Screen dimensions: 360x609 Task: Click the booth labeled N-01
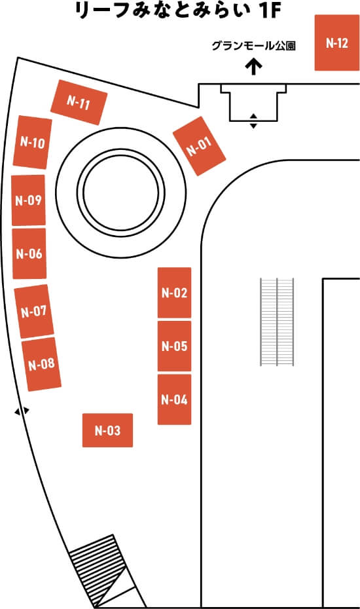(199, 146)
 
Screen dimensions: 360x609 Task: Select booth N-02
(174, 293)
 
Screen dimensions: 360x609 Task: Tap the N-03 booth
(107, 430)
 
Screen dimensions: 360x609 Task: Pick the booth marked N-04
(174, 399)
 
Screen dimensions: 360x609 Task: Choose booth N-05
(174, 346)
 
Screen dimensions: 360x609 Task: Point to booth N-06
(29, 253)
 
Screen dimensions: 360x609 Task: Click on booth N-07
(34, 311)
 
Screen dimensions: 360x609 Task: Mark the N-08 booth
(41, 364)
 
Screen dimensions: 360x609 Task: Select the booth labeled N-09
(28, 200)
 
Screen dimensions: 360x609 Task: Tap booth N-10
(33, 142)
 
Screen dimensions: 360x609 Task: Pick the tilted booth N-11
(79, 103)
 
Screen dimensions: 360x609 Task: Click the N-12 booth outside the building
(337, 43)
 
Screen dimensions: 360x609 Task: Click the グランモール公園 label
(253, 46)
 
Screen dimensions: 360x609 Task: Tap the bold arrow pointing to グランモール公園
(254, 66)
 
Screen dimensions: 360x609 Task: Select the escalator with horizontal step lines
(277, 322)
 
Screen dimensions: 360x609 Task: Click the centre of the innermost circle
(121, 192)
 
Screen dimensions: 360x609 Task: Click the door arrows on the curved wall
(22, 411)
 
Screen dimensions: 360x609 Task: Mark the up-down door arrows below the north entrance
(253, 120)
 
